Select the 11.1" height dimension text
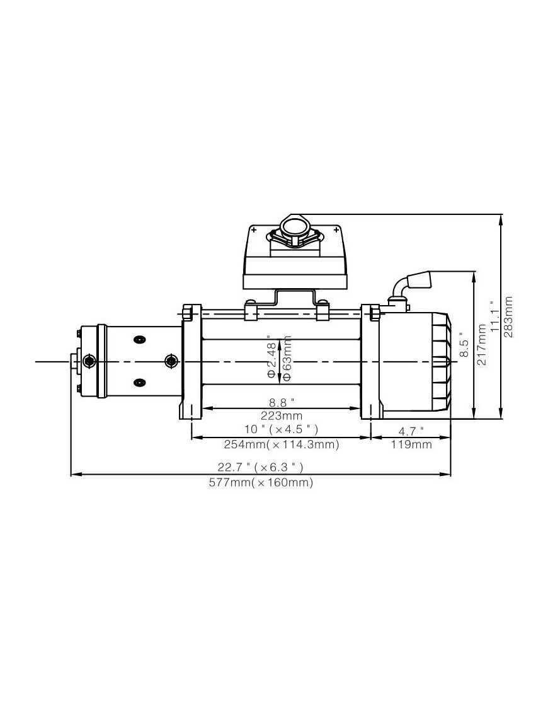pos(495,317)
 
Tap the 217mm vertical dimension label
pos(482,345)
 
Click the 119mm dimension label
pos(411,444)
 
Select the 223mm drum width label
pos(282,416)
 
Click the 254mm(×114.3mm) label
pos(282,444)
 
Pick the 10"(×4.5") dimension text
pos(282,429)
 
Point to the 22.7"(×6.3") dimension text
pos(261,467)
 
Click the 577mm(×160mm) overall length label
pos(261,483)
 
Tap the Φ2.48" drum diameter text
pos(272,357)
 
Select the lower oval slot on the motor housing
pos(138,381)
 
